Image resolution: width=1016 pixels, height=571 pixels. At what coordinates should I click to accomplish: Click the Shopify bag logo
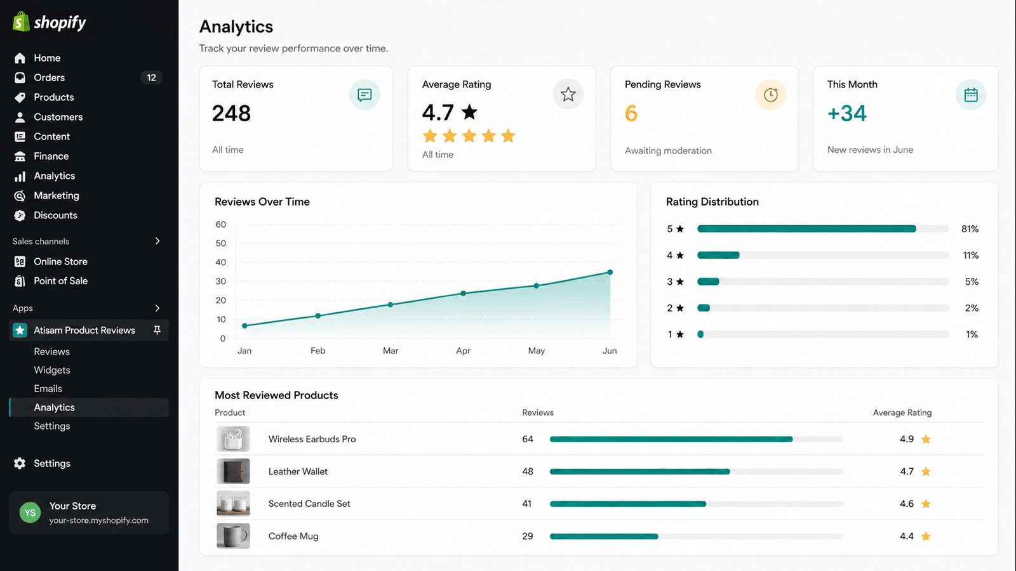(x=21, y=22)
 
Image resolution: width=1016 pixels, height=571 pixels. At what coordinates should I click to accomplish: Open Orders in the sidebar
(x=49, y=77)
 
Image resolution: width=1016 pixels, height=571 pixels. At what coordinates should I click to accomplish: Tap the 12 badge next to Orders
(x=152, y=77)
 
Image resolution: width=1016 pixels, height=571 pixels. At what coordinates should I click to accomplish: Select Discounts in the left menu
(x=55, y=215)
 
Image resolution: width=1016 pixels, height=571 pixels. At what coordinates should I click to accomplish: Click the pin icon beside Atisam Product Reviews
(x=157, y=331)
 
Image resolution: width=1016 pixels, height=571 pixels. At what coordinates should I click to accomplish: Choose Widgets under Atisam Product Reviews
(x=52, y=371)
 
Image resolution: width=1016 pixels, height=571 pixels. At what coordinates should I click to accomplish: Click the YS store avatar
(x=30, y=513)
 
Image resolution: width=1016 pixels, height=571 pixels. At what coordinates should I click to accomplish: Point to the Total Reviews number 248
(x=231, y=114)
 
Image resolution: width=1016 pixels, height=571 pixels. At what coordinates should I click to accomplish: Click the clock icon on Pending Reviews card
(x=770, y=95)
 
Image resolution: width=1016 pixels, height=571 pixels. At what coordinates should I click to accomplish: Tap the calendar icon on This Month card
(x=971, y=95)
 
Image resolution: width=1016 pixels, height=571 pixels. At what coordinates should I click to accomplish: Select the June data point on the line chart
(x=610, y=272)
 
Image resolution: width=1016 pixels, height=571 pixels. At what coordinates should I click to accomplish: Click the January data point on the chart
(x=245, y=325)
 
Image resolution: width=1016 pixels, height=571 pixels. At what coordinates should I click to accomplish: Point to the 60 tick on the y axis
(x=221, y=225)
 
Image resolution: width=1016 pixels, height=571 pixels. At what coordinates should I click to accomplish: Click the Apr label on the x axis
(x=463, y=351)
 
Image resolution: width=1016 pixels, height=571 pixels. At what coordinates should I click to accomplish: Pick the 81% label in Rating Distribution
(x=970, y=229)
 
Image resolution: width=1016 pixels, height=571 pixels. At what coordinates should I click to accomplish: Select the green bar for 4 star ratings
(x=718, y=255)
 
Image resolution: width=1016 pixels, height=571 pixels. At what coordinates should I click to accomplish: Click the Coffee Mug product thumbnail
(x=233, y=535)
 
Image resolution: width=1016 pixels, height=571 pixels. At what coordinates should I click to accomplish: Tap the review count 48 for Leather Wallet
(x=528, y=471)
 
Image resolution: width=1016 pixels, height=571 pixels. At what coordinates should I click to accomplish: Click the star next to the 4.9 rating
(x=926, y=439)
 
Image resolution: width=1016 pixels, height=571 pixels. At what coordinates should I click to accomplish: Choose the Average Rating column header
(x=902, y=412)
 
